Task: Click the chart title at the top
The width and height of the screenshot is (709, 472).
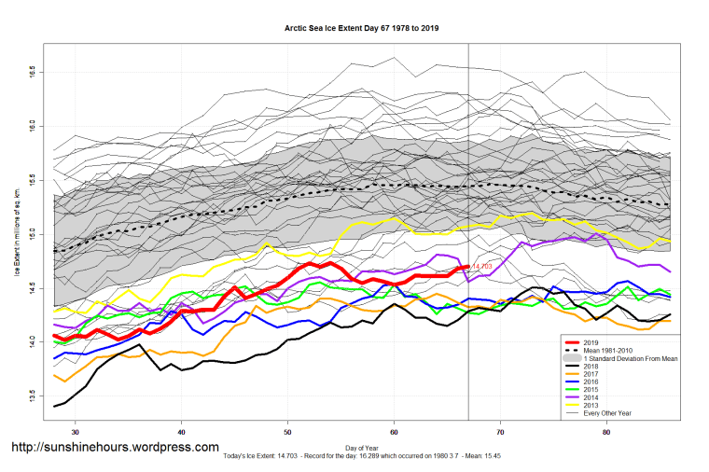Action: [361, 28]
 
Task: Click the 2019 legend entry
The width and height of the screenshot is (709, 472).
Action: [616, 341]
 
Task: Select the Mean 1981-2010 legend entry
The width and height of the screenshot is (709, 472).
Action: [630, 351]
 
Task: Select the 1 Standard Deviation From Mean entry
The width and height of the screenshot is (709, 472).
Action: [643, 359]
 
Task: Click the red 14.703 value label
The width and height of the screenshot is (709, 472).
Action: [482, 267]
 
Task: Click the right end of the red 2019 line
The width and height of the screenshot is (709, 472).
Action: [467, 267]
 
